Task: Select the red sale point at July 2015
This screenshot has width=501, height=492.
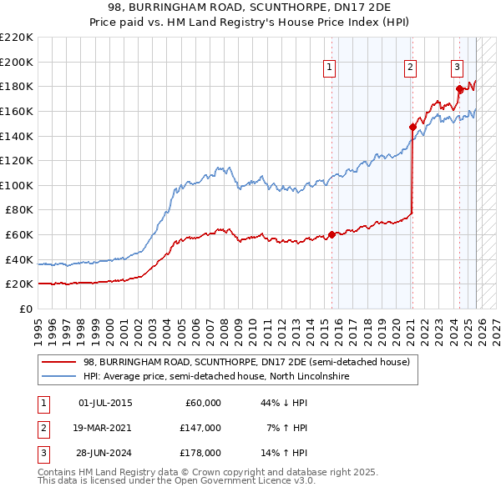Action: (331, 234)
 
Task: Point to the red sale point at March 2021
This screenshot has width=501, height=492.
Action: (412, 127)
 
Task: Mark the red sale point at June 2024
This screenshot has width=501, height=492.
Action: (459, 88)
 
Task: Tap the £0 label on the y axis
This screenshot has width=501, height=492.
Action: (25, 309)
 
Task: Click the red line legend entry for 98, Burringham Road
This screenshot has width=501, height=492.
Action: (246, 363)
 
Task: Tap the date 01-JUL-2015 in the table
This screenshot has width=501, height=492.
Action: (104, 403)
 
